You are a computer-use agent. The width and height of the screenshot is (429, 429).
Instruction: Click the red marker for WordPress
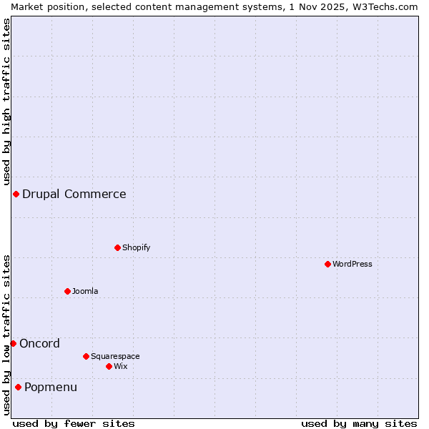tap(327, 264)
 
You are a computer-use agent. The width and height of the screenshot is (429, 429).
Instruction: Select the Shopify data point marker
tap(117, 247)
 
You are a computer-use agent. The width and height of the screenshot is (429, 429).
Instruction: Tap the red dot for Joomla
tap(67, 291)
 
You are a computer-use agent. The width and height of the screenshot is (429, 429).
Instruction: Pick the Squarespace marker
tap(86, 356)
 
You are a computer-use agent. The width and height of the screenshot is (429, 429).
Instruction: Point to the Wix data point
tap(109, 366)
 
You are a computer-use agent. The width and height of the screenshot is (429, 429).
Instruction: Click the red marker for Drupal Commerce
tap(16, 194)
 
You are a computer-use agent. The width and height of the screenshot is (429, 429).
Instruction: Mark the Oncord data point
tap(13, 343)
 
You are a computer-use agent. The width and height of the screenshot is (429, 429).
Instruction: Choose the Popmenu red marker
tap(18, 387)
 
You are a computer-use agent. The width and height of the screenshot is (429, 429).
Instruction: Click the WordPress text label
tap(352, 264)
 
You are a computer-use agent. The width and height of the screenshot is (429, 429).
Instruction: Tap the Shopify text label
tap(136, 247)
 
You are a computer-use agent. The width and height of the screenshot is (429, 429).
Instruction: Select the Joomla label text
tap(85, 291)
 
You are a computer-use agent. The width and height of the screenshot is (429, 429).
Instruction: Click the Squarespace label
tap(115, 356)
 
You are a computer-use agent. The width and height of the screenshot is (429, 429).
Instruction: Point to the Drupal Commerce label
tap(74, 194)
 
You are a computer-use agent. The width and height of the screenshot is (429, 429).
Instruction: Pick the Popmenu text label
tap(51, 387)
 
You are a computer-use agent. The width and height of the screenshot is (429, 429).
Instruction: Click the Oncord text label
tap(40, 343)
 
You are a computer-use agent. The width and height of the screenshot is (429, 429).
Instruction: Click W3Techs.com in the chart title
tap(383, 6)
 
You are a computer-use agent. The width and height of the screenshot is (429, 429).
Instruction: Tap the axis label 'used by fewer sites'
tap(74, 423)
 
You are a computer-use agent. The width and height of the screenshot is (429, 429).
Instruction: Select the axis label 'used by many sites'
tap(359, 423)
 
